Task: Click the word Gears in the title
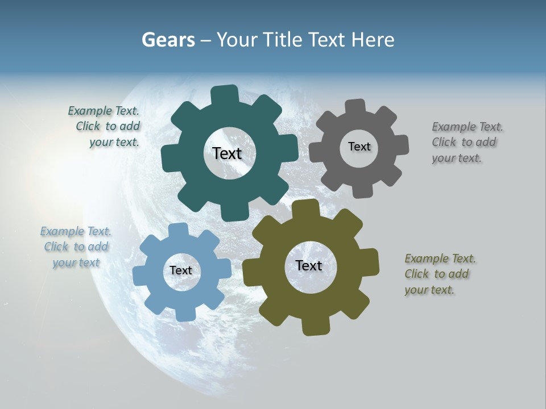[168, 40]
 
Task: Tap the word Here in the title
[373, 40]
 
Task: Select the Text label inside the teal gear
[227, 153]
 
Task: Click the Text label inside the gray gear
[359, 147]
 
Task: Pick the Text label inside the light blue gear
[181, 270]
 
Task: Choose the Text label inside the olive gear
[309, 265]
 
